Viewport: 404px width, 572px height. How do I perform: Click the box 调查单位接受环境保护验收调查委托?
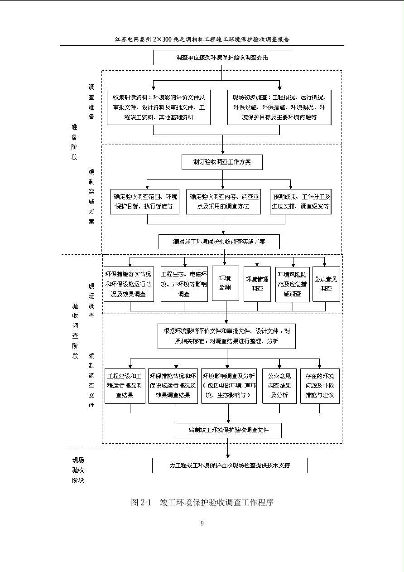tap(222, 58)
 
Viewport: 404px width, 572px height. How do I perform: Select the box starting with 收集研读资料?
tap(159, 107)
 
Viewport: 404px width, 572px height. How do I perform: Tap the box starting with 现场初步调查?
tap(279, 107)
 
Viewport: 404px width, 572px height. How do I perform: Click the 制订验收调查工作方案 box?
tap(222, 162)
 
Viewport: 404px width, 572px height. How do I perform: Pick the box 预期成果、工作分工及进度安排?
tap(301, 202)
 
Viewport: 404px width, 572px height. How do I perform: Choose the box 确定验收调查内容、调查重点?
tap(223, 202)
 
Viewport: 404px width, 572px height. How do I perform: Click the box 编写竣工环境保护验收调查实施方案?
tap(219, 242)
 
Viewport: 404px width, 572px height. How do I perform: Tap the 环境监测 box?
tap(226, 283)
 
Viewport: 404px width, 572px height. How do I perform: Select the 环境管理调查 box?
tap(257, 284)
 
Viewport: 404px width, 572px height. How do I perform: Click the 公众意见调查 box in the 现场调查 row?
tap(326, 284)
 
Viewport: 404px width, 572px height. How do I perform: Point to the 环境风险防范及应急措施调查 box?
tap(292, 284)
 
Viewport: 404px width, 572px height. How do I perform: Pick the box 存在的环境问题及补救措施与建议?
tap(319, 386)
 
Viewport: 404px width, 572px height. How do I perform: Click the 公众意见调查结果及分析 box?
tap(279, 386)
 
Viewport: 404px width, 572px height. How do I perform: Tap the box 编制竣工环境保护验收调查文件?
tap(228, 430)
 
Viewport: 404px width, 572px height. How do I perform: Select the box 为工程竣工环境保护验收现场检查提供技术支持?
tap(230, 465)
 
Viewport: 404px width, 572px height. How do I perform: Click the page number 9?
tap(202, 524)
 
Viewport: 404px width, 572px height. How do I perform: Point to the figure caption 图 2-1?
tap(141, 502)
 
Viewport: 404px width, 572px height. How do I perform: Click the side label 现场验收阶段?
tap(78, 470)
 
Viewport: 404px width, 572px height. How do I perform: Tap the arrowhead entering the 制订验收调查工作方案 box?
tap(222, 152)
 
